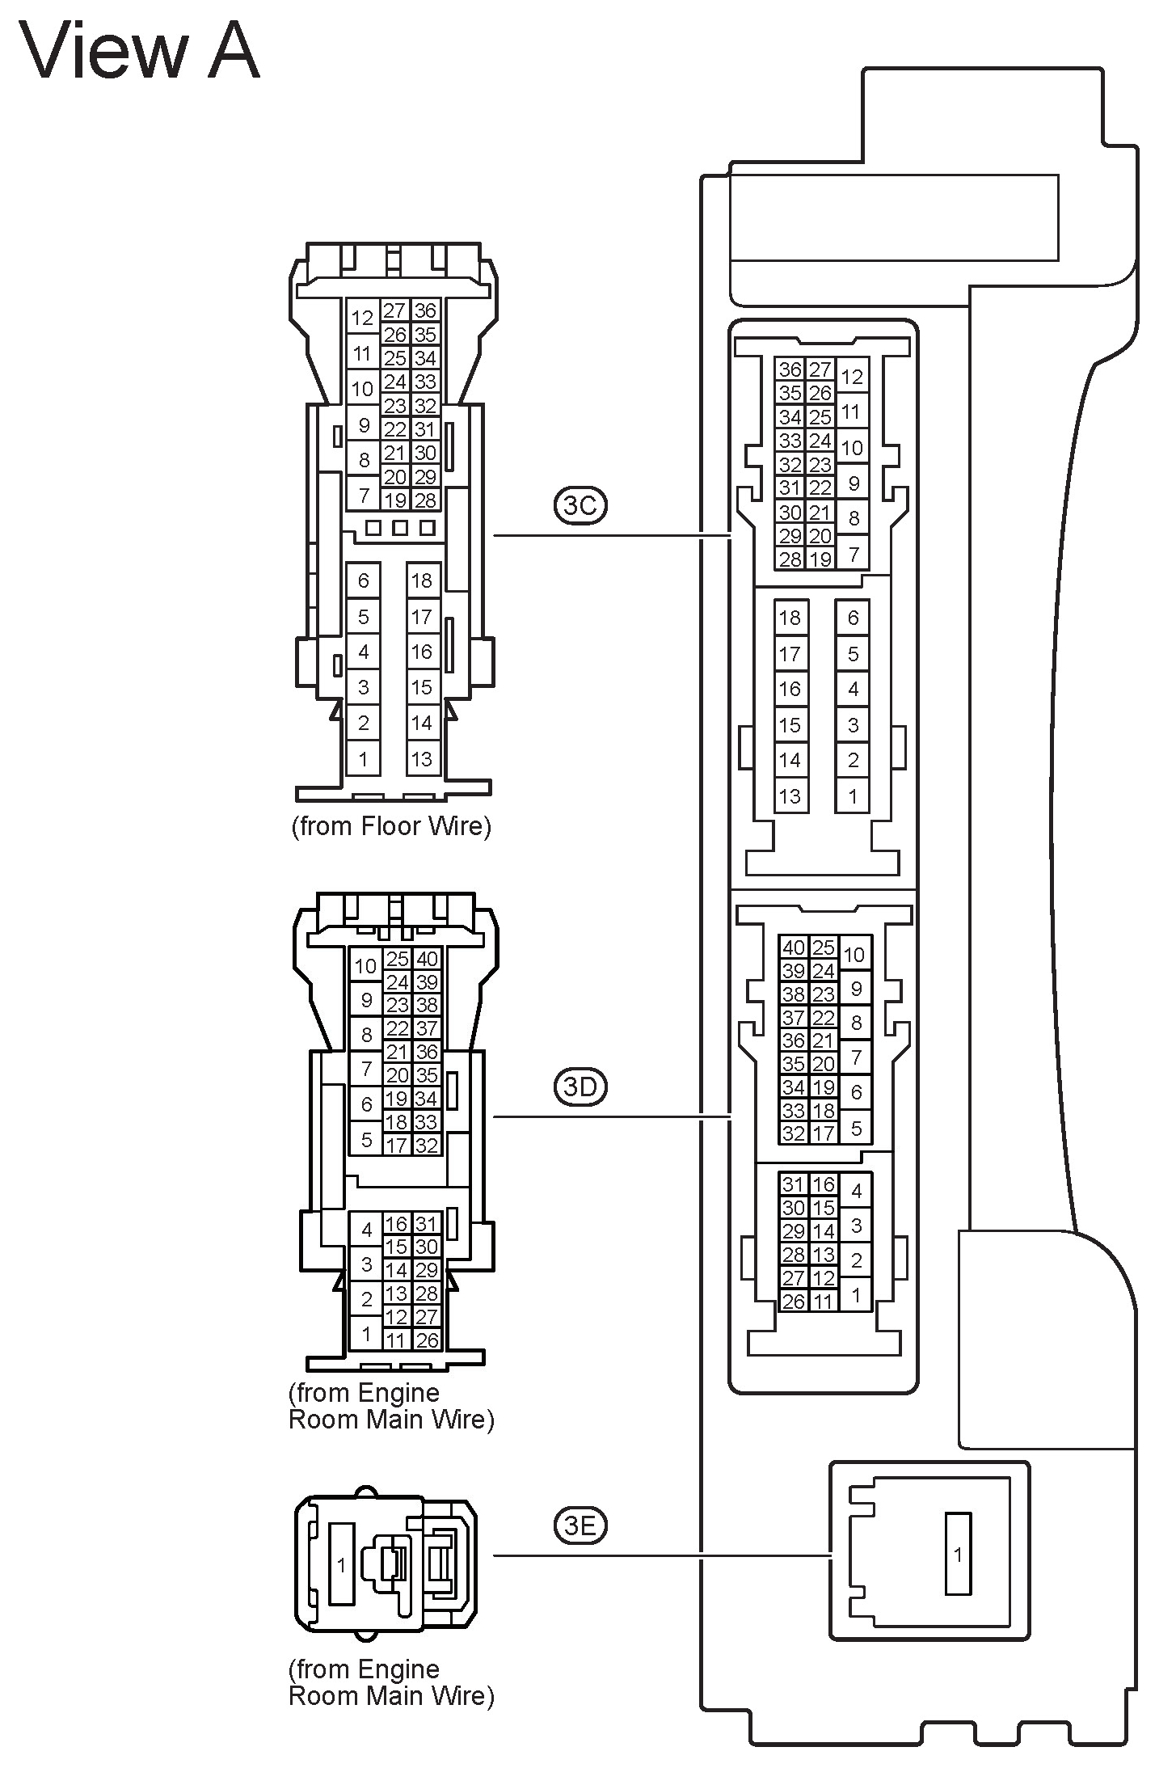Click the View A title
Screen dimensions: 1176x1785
point(139,50)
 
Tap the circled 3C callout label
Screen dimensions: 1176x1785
point(580,505)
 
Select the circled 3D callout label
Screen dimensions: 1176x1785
point(580,1087)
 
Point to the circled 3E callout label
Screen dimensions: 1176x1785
point(580,1525)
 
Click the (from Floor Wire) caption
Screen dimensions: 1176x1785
point(391,826)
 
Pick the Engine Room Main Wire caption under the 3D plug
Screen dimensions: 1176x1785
point(391,1406)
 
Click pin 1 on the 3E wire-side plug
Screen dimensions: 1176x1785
point(341,1565)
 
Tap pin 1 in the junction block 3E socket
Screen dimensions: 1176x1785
point(958,1554)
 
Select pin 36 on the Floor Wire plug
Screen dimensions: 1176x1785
point(425,310)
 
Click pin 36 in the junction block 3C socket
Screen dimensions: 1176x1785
point(790,369)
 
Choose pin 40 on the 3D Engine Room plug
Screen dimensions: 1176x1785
point(427,959)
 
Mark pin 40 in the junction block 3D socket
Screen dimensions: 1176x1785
point(794,947)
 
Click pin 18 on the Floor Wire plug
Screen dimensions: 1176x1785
point(422,580)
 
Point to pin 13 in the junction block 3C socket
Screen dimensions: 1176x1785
point(790,795)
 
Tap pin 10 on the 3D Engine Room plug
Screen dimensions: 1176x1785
point(365,965)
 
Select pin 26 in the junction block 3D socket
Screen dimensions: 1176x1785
point(794,1301)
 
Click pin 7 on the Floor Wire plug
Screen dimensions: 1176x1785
point(364,494)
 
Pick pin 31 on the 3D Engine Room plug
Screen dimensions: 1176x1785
point(427,1224)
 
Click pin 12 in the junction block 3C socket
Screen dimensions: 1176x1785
point(852,377)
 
